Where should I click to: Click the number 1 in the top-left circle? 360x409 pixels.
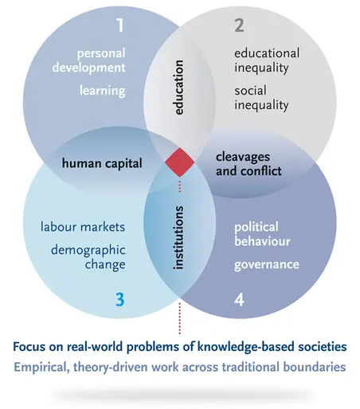tap(120, 25)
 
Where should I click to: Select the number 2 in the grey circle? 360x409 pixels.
tap(239, 25)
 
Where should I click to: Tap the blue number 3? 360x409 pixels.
tap(120, 299)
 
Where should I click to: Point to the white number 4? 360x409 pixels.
tap(239, 300)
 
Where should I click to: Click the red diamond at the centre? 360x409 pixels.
tap(180, 162)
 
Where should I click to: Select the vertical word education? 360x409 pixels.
tap(178, 88)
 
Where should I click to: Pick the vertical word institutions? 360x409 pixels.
tap(178, 238)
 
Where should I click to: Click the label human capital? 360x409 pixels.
tap(102, 163)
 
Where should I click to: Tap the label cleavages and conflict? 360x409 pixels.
tap(248, 164)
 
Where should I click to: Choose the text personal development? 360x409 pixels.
tap(89, 60)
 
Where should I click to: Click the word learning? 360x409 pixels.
tap(103, 91)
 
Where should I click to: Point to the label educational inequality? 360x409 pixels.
tap(267, 60)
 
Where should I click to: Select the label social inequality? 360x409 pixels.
tap(261, 98)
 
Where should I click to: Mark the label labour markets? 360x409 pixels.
tap(83, 227)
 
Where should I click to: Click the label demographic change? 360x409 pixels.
tap(88, 257)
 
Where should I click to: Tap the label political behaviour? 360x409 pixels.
tap(262, 234)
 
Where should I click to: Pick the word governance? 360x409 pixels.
tap(267, 265)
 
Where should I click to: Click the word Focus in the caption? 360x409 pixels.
tap(29, 346)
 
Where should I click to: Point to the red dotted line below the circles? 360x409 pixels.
tap(180, 318)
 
